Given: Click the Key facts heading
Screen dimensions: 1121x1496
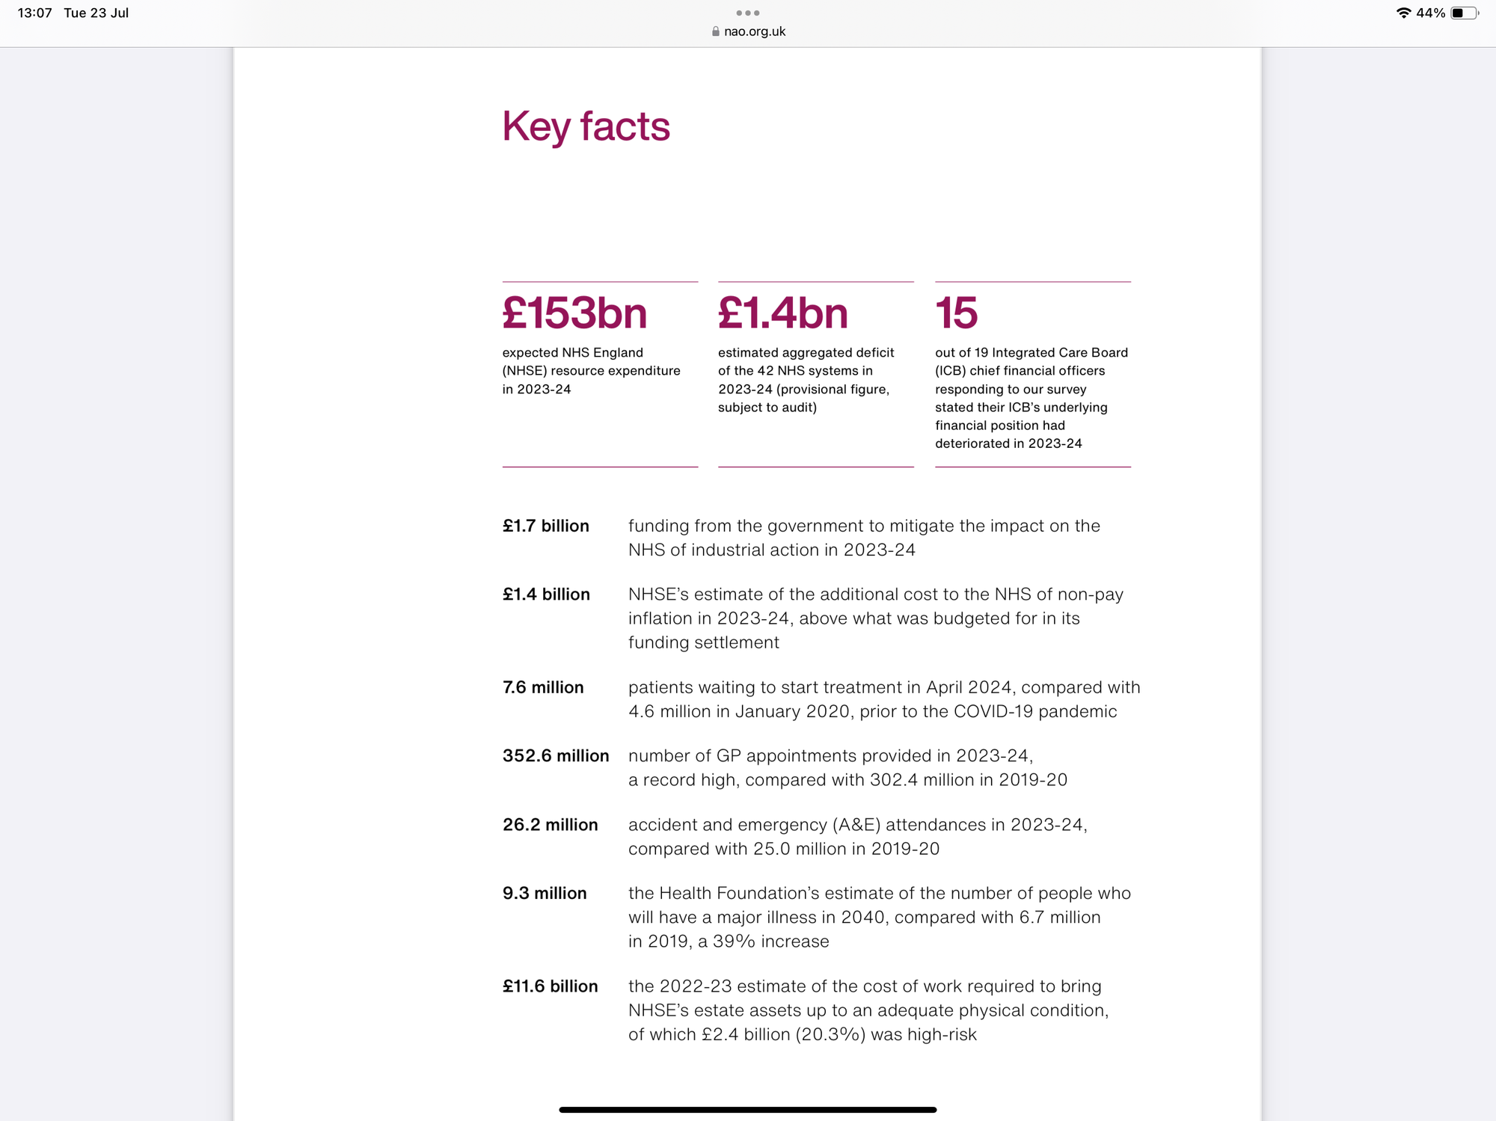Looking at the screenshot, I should pyautogui.click(x=586, y=126).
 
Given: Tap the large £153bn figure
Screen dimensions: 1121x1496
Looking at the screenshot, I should pyautogui.click(x=574, y=313).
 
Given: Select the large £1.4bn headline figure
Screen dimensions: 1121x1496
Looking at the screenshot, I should pyautogui.click(x=782, y=313).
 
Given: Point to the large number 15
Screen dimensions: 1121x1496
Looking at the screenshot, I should pyautogui.click(x=956, y=313).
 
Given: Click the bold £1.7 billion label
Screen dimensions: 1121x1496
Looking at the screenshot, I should pyautogui.click(x=545, y=526).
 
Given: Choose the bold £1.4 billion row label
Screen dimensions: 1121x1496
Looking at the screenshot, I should pyautogui.click(x=546, y=595).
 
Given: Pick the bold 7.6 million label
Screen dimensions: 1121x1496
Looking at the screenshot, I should pyautogui.click(x=543, y=687).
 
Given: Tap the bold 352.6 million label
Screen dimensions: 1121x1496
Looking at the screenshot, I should pyautogui.click(x=556, y=756).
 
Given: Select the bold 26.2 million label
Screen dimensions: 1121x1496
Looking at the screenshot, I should pyautogui.click(x=550, y=825).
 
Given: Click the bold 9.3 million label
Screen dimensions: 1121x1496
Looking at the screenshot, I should pyautogui.click(x=545, y=894).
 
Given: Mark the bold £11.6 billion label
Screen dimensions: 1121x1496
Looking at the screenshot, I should pyautogui.click(x=550, y=986).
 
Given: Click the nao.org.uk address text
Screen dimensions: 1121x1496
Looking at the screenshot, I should pyautogui.click(x=755, y=31).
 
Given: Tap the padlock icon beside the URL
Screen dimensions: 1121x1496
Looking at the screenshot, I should pyautogui.click(x=716, y=31).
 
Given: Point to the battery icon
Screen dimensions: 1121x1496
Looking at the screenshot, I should pyautogui.click(x=1464, y=13).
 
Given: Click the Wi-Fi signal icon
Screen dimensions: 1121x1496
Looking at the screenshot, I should pyautogui.click(x=1403, y=13).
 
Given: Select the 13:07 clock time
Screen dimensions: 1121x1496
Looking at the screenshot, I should pyautogui.click(x=34, y=13).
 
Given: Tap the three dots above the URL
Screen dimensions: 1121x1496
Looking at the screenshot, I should pyautogui.click(x=748, y=13).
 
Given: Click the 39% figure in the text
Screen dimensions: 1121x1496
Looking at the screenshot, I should pyautogui.click(x=734, y=942).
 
